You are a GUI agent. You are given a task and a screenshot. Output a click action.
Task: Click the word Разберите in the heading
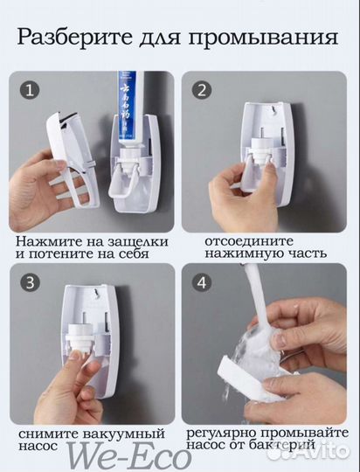73,38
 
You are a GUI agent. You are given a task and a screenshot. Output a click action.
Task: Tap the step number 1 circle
31,90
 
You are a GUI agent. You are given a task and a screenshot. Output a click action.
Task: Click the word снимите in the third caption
45,433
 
